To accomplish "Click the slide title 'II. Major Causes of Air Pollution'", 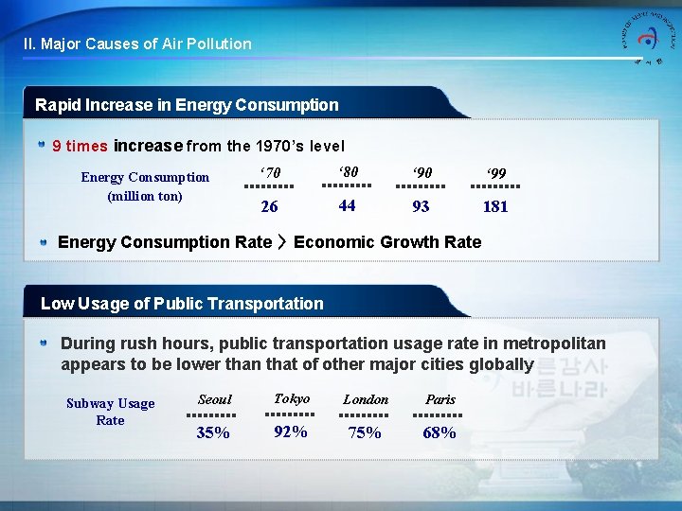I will pyautogui.click(x=137, y=44).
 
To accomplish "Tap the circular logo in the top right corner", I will pyautogui.click(x=648, y=39).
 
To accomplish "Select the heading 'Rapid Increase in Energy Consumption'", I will pyautogui.click(x=187, y=105).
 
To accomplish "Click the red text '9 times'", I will pyautogui.click(x=80, y=147).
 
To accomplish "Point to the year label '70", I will pyautogui.click(x=270, y=173).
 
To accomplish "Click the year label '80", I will pyautogui.click(x=347, y=172).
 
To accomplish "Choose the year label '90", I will pyautogui.click(x=421, y=173).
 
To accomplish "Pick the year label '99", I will pyautogui.click(x=495, y=173).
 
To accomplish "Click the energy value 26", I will pyautogui.click(x=269, y=206).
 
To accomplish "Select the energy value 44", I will pyautogui.click(x=347, y=205).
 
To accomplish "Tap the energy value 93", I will pyautogui.click(x=421, y=206).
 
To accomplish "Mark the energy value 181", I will pyautogui.click(x=495, y=206).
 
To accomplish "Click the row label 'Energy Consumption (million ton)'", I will pyautogui.click(x=145, y=186).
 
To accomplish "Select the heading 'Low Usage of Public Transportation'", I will pyautogui.click(x=182, y=304).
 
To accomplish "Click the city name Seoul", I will pyautogui.click(x=214, y=399).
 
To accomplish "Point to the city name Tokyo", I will pyautogui.click(x=291, y=398).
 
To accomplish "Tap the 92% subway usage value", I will pyautogui.click(x=290, y=432).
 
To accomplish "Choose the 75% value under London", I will pyautogui.click(x=365, y=432).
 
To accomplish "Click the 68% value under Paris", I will pyautogui.click(x=440, y=432).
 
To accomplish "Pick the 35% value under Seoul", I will pyautogui.click(x=213, y=432).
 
